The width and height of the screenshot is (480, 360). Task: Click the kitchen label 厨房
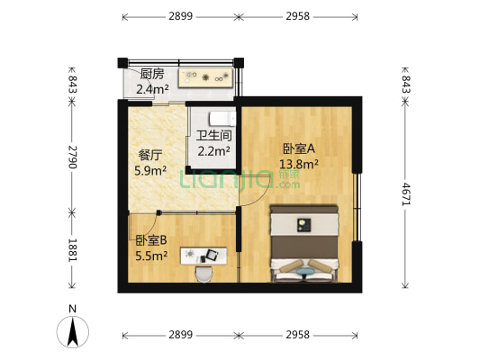point(152,74)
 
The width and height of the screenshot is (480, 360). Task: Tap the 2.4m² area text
point(152,89)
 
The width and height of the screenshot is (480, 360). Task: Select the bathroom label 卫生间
point(214,137)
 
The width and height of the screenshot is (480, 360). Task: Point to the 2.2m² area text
point(214,152)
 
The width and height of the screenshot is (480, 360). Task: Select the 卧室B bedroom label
point(151,240)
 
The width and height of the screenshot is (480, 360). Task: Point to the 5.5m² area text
point(151,256)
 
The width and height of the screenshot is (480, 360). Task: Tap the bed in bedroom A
point(304,241)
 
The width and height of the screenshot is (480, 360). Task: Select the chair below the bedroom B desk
point(204,271)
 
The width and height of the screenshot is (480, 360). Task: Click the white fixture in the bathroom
point(221,118)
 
